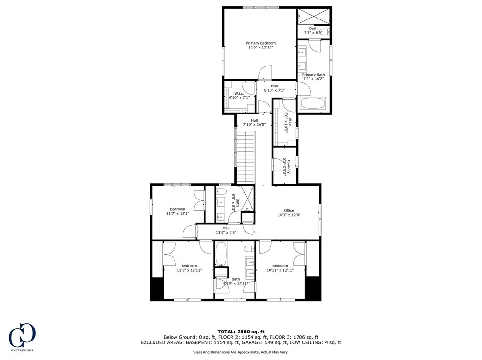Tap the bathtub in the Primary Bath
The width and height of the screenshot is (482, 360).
pos(313,103)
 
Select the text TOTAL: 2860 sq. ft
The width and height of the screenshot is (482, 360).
pos(241,332)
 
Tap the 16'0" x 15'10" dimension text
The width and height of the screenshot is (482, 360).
pos(260,47)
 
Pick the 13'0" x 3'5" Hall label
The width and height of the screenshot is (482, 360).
pos(226,230)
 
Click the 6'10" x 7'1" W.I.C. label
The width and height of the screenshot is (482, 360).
pos(240,95)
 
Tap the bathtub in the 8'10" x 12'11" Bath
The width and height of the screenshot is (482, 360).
pos(221,254)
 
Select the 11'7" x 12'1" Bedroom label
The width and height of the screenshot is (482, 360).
pos(177,211)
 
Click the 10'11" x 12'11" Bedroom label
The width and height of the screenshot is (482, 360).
pos(280,268)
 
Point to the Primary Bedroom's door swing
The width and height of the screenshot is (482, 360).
pos(265,73)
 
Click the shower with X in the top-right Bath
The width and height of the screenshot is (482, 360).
pos(314,16)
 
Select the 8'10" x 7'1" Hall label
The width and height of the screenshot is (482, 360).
pos(274,88)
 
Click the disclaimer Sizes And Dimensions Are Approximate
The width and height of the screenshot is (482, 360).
pos(241,352)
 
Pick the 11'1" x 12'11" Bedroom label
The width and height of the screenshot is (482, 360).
pos(189,268)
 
